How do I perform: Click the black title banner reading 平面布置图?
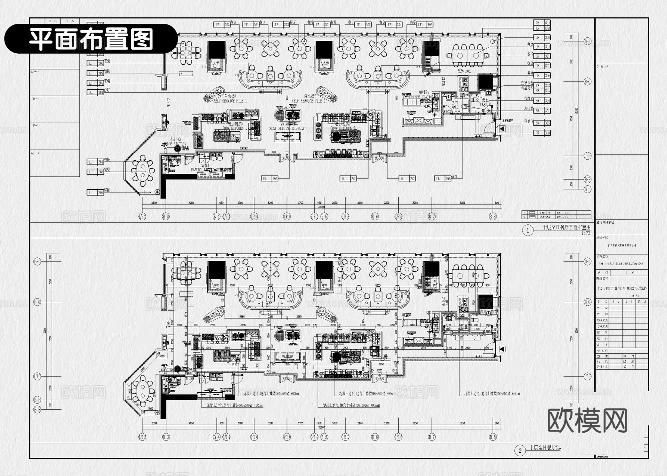coord(91,39)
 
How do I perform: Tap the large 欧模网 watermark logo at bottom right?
coord(587,421)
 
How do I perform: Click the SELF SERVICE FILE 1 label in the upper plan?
coord(230,101)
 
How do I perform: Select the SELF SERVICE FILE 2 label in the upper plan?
coord(309,101)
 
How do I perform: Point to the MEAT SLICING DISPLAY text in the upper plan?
coord(287,129)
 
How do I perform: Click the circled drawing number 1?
coord(528,231)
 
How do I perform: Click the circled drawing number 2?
coord(520,450)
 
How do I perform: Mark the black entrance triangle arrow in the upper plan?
coord(502,129)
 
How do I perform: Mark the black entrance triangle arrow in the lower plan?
coord(502,349)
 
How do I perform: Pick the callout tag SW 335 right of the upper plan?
coord(542,123)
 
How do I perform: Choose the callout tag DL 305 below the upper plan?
coord(443,179)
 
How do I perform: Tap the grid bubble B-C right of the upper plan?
coord(587,81)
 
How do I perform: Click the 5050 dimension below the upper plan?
coord(462,203)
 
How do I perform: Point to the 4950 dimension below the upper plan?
coord(191,203)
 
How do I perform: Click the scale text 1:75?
coord(586,233)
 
